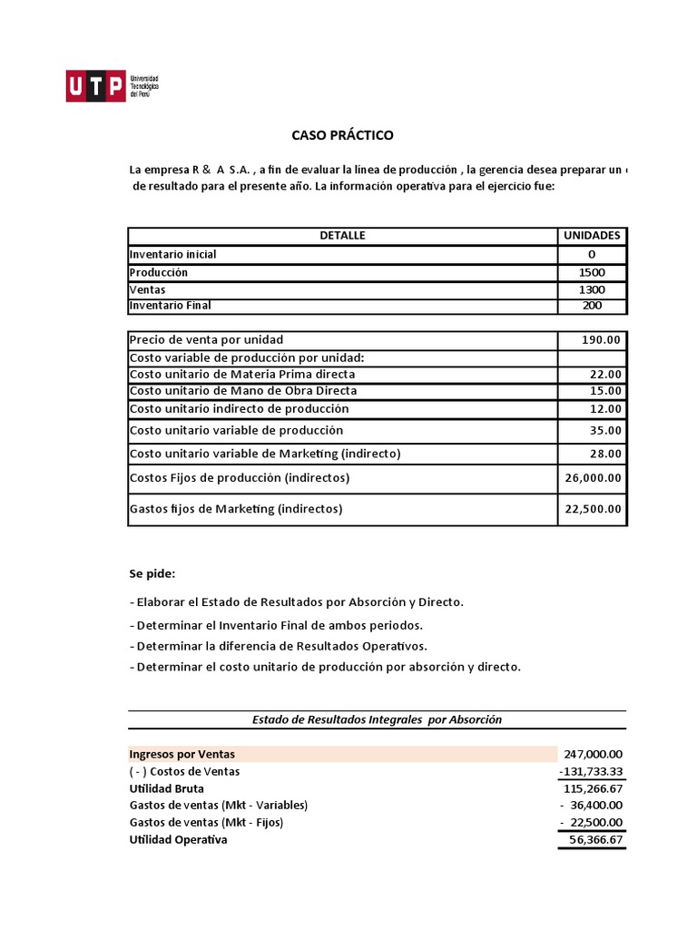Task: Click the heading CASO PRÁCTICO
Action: (342, 135)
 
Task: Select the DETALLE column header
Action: (342, 236)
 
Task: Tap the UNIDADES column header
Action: (592, 236)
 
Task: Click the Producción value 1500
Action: (592, 273)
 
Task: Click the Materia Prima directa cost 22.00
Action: (605, 375)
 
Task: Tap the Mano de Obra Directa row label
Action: (243, 391)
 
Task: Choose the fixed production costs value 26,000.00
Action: (594, 478)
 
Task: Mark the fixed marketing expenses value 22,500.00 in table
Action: (594, 510)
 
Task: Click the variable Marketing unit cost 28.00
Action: (605, 454)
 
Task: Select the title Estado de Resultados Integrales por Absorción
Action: (377, 719)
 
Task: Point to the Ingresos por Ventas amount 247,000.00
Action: (594, 754)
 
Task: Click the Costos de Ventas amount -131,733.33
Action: (591, 771)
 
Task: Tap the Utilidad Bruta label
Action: (167, 788)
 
